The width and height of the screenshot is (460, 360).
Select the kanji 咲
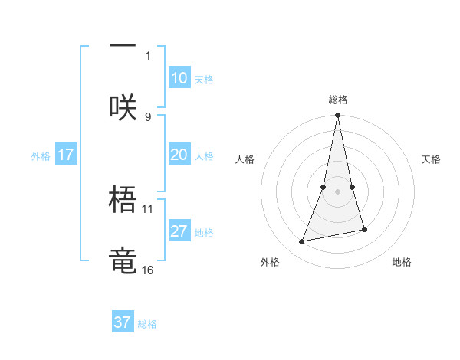(x=123, y=107)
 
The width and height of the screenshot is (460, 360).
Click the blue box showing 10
(x=179, y=79)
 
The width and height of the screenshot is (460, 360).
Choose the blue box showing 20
(x=179, y=155)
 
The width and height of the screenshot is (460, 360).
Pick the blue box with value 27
(x=179, y=232)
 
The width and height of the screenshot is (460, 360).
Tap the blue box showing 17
(x=65, y=155)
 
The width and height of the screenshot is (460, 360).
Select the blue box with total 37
(x=123, y=322)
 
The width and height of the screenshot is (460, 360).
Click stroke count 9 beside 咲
(x=148, y=117)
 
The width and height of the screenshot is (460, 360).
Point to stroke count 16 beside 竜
(x=148, y=270)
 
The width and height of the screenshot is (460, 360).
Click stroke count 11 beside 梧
(x=148, y=208)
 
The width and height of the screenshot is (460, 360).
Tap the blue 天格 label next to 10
(x=204, y=80)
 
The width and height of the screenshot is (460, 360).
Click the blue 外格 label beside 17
(x=41, y=156)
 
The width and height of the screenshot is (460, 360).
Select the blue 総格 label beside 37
(x=147, y=324)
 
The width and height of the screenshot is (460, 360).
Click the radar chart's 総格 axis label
(x=338, y=100)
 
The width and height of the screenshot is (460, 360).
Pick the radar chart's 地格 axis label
(x=402, y=262)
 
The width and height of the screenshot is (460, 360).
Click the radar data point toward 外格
(x=302, y=241)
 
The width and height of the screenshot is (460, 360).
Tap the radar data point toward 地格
(x=364, y=229)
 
